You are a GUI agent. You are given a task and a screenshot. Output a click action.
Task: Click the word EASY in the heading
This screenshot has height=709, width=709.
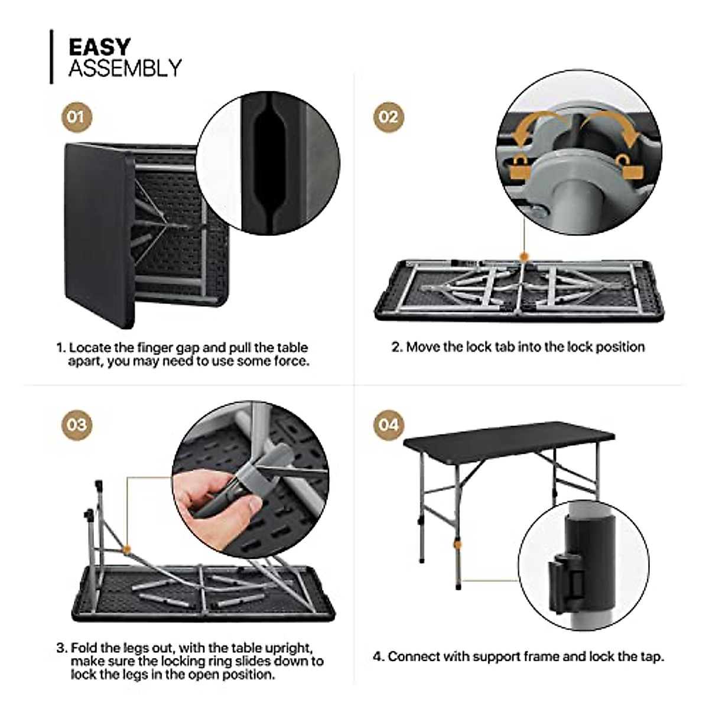99,47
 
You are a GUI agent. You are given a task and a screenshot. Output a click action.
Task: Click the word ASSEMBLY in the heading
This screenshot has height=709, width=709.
125,69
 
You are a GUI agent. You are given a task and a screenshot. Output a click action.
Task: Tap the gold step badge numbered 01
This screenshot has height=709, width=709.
77,116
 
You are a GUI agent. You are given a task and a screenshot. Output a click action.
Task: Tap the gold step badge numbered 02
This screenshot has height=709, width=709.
389,116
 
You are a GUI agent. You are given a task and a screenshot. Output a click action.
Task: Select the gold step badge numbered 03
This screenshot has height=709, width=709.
77,425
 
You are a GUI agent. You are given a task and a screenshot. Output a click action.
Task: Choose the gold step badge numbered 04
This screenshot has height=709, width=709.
389,425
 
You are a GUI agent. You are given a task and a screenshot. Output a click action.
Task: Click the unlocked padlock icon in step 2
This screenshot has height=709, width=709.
628,167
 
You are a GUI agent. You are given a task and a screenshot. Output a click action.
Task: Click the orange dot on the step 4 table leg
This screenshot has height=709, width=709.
456,542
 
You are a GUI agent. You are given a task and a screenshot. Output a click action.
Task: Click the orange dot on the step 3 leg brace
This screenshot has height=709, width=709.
126,549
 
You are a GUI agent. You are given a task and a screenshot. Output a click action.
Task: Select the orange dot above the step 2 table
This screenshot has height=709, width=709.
523,256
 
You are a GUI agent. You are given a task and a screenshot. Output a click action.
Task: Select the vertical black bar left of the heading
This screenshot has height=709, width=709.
51,57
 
